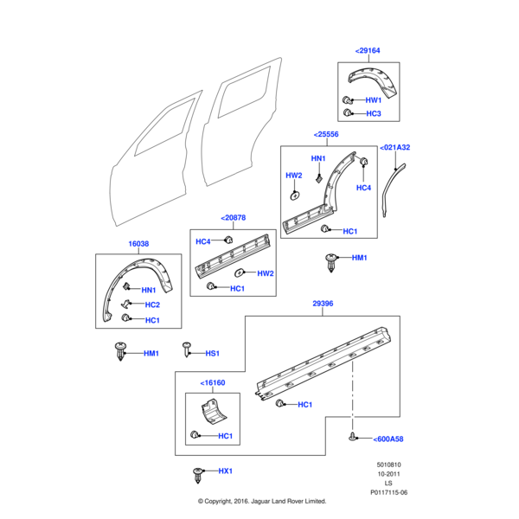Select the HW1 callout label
tap(374, 100)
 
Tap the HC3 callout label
tap(374, 113)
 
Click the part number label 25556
tap(326, 136)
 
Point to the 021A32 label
tap(396, 148)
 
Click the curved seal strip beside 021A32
tap(391, 185)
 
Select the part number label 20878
tap(233, 219)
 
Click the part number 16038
tap(140, 245)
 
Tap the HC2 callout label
tap(151, 304)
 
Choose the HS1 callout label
tap(212, 353)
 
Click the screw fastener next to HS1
tap(187, 349)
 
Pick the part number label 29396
tap(322, 304)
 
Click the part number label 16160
tap(213, 382)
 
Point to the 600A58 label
tap(388, 439)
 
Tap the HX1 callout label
tap(226, 471)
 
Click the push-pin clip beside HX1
tap(200, 474)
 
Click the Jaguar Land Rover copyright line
tap(260, 501)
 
